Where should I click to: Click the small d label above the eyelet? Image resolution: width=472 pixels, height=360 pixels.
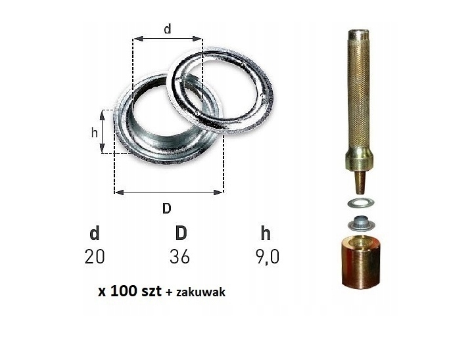coord(167,29)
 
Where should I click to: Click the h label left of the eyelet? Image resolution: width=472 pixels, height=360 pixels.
coord(94,131)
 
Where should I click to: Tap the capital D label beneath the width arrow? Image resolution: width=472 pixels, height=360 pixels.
coord(167,208)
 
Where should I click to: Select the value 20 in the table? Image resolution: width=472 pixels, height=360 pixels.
coord(95,256)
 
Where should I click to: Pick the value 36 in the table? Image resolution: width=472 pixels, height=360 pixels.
coord(179,256)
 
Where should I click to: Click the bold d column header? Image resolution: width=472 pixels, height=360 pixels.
coord(95,233)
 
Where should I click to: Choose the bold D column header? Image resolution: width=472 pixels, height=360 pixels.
coord(180,233)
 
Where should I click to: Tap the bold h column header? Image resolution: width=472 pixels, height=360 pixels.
coord(265,233)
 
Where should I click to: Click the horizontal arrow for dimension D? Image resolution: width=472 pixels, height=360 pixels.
coord(168,192)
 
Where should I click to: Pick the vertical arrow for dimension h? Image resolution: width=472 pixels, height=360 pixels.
coord(103,131)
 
